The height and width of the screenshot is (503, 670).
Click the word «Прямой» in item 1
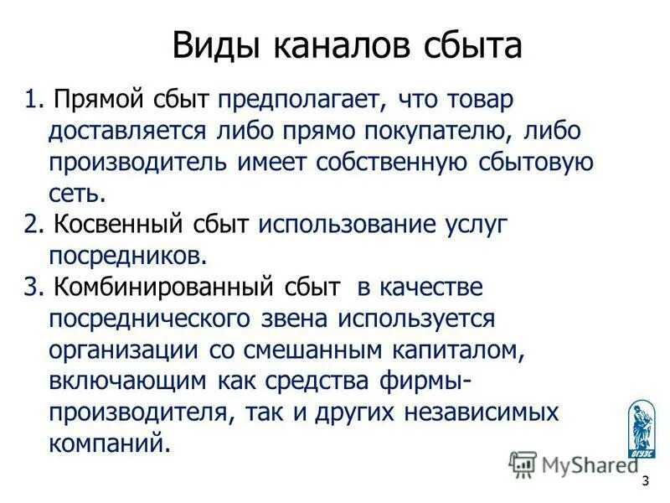98,101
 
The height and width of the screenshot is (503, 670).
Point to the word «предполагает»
302,101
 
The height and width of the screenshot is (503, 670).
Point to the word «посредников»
126,254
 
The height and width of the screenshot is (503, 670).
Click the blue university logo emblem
641,428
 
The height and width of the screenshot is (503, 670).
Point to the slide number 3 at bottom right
645,481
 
